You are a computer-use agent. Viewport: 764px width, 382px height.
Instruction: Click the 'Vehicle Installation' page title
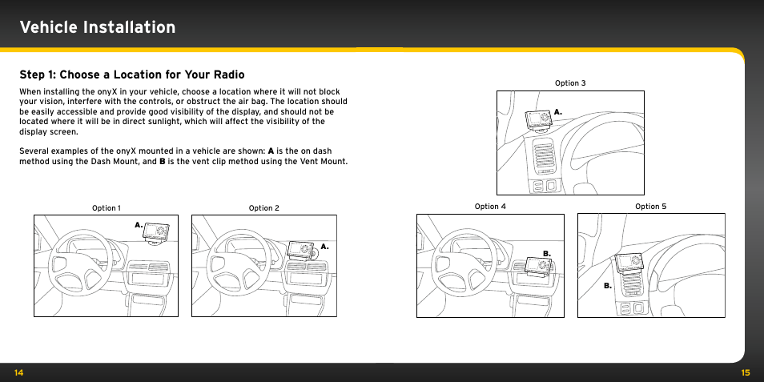pyautogui.click(x=98, y=27)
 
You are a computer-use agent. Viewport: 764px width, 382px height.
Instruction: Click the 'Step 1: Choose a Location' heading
pyautogui.click(x=132, y=74)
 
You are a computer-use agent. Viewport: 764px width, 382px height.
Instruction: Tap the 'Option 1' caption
pyautogui.click(x=107, y=208)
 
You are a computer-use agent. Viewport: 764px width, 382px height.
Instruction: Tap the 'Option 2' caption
pyautogui.click(x=264, y=208)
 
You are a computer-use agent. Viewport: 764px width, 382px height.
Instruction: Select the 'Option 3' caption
pyautogui.click(x=570, y=83)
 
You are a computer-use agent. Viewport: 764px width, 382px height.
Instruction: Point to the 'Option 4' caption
pyautogui.click(x=490, y=207)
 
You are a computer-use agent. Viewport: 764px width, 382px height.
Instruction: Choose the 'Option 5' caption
pyautogui.click(x=650, y=207)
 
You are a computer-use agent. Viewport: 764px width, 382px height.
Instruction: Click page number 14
pyautogui.click(x=18, y=372)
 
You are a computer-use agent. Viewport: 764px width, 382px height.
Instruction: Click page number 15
pyautogui.click(x=745, y=372)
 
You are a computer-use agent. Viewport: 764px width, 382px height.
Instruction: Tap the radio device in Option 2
pyautogui.click(x=303, y=250)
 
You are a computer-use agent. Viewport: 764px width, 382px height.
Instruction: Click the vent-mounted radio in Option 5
pyautogui.click(x=629, y=264)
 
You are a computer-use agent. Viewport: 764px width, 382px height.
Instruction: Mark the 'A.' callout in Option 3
pyautogui.click(x=558, y=111)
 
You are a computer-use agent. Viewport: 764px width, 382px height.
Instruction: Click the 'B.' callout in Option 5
pyautogui.click(x=608, y=285)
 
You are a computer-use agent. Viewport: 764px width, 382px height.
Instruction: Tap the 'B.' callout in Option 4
pyautogui.click(x=547, y=253)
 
